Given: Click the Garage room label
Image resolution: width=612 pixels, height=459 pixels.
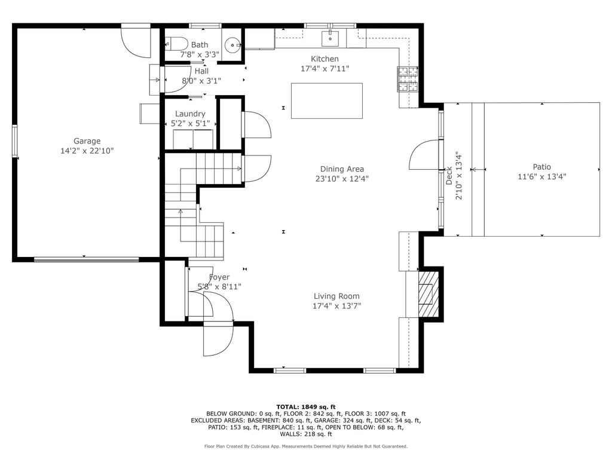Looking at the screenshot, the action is click(87, 141).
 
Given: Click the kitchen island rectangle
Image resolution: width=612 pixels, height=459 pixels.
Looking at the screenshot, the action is click(327, 100).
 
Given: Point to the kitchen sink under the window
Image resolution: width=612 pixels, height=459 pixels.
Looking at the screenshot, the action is click(330, 38).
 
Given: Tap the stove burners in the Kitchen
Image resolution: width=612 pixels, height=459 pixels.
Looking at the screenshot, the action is click(408, 79).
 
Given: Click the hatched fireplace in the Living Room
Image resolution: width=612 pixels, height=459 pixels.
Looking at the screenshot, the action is click(429, 294).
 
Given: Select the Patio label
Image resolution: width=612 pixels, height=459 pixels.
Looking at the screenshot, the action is click(541, 167).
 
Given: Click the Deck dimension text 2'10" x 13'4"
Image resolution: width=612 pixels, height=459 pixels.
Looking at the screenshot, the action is click(458, 176).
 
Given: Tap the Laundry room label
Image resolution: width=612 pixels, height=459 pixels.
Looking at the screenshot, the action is click(190, 114).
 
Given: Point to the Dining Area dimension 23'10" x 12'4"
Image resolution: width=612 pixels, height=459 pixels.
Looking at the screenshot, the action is click(342, 179).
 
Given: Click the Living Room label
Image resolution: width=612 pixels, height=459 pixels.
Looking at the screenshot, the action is click(336, 296).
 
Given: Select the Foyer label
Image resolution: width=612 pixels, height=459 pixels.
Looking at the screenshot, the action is click(219, 277).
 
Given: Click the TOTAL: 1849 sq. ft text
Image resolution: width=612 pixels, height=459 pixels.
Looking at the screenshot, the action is click(305, 406).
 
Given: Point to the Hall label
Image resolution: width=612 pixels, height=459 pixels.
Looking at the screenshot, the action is click(201, 71).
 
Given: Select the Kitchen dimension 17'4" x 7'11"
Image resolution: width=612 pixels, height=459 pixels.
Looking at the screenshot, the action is click(325, 69).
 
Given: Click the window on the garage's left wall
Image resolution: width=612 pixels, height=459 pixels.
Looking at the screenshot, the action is click(14, 141).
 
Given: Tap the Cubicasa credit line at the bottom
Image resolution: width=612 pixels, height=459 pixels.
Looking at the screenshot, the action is click(305, 446).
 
